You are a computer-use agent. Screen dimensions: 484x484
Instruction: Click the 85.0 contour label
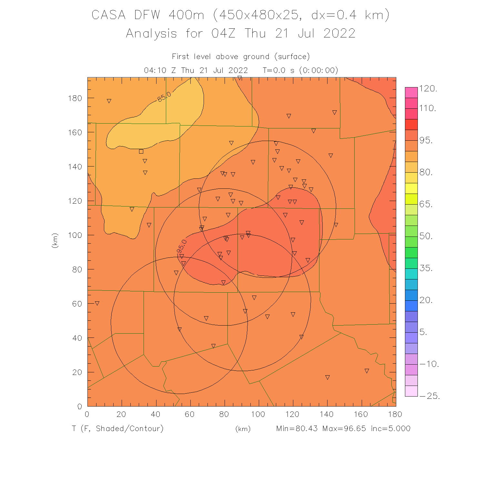point(165,96)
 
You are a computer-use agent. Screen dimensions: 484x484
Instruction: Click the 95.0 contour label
point(182,246)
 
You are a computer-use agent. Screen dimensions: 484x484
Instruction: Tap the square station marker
point(141,151)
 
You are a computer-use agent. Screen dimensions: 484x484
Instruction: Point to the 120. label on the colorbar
point(428,89)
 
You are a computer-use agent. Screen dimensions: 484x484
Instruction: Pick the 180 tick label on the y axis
point(75,98)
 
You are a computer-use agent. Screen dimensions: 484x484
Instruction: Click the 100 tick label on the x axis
point(258,414)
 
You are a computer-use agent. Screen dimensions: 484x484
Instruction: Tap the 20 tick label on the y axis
point(77,372)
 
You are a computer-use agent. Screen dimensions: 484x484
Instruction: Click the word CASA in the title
point(108,15)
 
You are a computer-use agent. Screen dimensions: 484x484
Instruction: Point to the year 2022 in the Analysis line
point(339,34)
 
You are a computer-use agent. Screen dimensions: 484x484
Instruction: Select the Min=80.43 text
point(297,429)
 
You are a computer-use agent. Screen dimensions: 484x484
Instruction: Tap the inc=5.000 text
point(391,429)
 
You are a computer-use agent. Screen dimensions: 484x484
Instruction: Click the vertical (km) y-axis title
point(55,240)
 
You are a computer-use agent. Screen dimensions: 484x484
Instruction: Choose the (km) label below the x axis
point(243,429)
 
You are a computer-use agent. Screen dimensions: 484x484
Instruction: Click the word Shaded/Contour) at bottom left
point(130,429)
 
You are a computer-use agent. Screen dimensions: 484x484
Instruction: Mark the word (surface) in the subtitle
point(292,57)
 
